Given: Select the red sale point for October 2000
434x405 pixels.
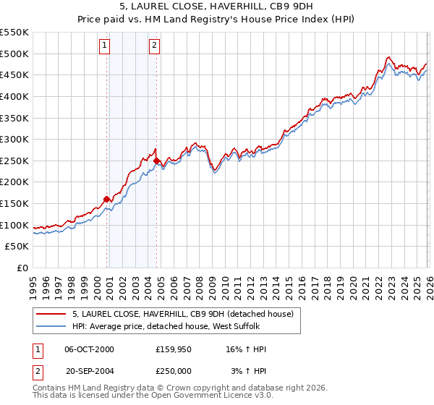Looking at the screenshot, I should coord(107,199).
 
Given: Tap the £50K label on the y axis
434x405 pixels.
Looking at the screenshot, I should coord(17,247).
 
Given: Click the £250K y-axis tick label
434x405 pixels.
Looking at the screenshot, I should coord(14,161).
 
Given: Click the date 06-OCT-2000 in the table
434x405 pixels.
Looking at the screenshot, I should coord(89,349).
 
